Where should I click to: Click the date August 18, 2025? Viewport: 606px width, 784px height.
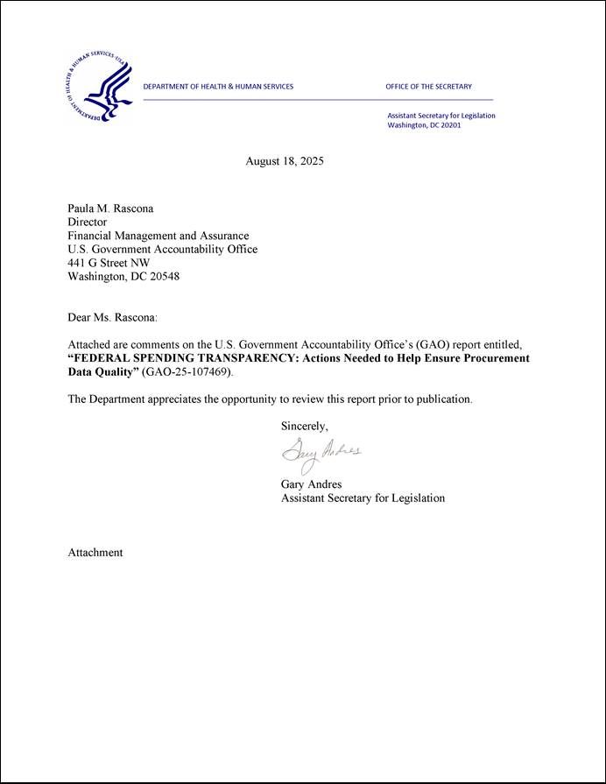pos(285,161)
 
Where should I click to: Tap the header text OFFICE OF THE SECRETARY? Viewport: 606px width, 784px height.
pos(428,87)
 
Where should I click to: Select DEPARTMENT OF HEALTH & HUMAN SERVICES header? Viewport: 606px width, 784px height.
pos(218,87)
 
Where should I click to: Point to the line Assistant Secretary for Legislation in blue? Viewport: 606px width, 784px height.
pos(441,116)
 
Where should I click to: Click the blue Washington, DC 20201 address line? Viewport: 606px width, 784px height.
pos(424,125)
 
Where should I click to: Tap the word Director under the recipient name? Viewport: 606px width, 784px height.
pos(87,222)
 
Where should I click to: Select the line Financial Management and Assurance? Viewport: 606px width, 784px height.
pos(159,236)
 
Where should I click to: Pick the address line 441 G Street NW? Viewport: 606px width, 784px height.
pos(109,263)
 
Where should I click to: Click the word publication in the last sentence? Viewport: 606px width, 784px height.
pos(443,399)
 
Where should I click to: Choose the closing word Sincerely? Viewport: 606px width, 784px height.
pos(304,427)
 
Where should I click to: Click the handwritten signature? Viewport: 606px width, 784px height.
pos(321,454)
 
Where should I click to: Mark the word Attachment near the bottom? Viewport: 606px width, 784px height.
pos(95,553)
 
